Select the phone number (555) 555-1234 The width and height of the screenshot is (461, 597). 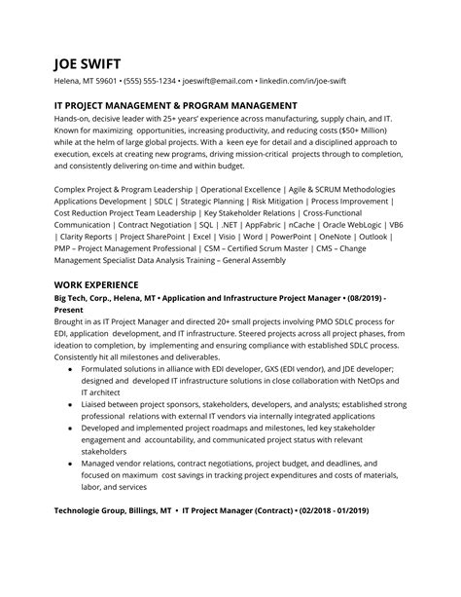click(x=147, y=83)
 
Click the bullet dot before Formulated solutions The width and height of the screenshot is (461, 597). click(x=70, y=371)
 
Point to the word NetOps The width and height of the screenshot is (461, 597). click(x=368, y=384)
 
